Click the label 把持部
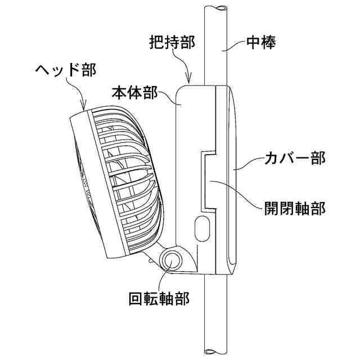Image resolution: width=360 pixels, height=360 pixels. [172, 43]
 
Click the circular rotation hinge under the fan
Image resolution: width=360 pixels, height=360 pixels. [172, 260]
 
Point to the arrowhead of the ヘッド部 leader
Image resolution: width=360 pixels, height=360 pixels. [84, 107]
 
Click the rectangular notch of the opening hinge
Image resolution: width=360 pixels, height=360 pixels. [208, 180]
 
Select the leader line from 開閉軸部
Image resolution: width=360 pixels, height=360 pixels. [236, 194]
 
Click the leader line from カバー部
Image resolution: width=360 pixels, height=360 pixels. [247, 165]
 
